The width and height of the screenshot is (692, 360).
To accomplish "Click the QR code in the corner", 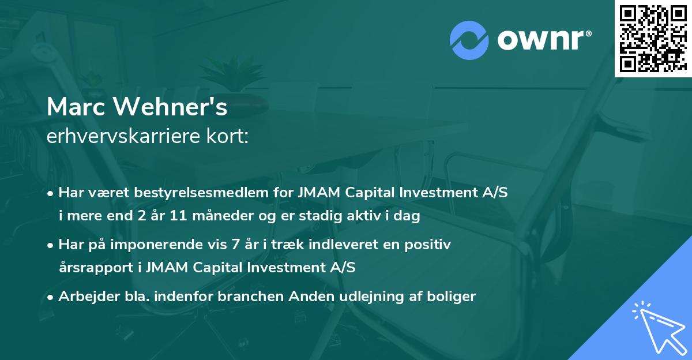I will click(x=653, y=39).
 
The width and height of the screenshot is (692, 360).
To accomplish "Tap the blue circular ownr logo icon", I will click(x=469, y=40).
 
